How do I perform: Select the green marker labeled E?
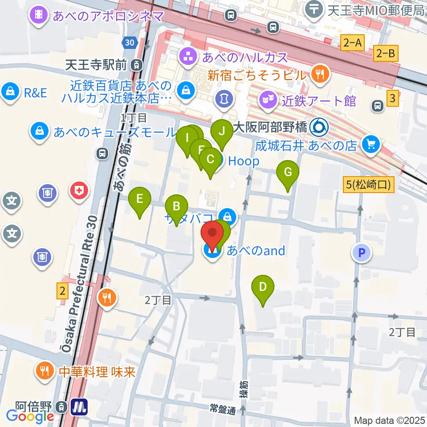(x=139, y=198)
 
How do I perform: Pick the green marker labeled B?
(x=176, y=206)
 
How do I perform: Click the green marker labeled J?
(x=222, y=132)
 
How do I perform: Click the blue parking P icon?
(x=362, y=254)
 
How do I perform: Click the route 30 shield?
(x=129, y=42)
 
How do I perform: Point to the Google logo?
(x=30, y=416)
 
